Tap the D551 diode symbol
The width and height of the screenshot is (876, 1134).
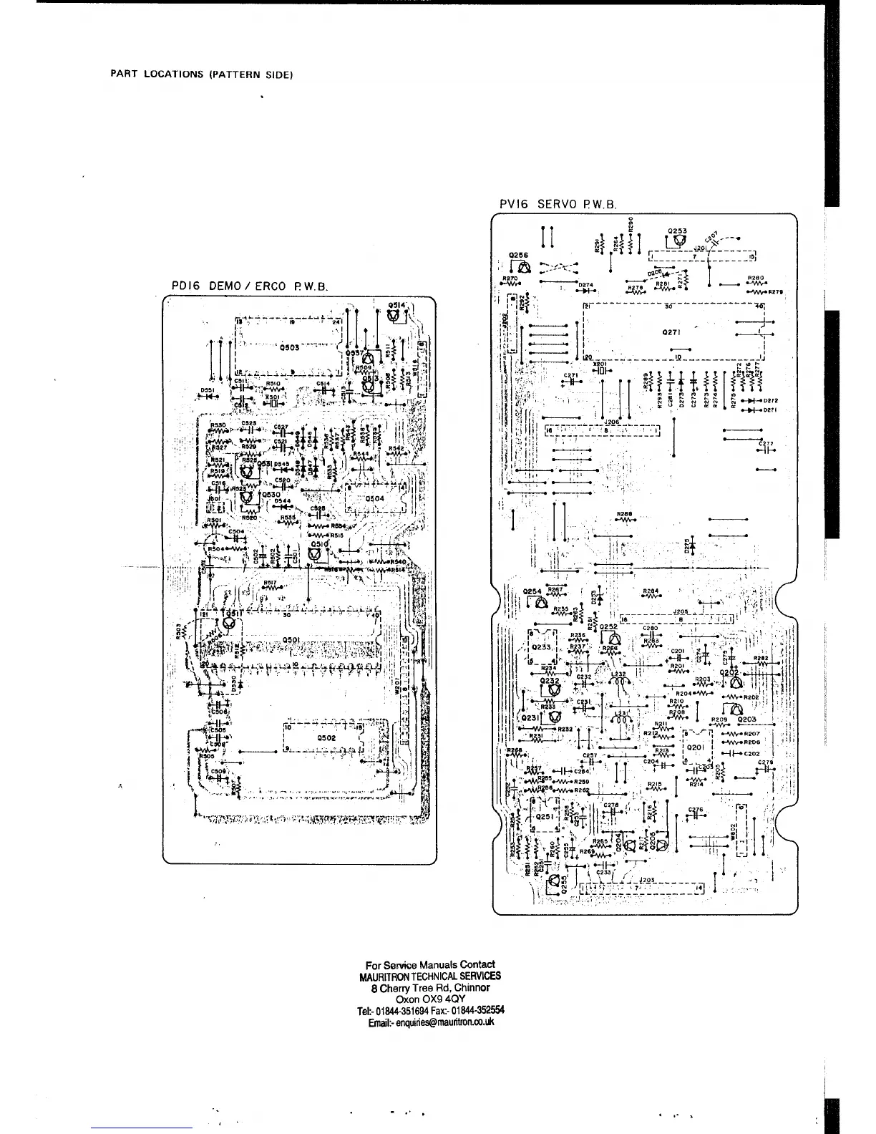click(208, 397)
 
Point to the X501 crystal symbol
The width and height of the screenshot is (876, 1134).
click(272, 403)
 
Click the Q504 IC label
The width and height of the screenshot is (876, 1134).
click(374, 498)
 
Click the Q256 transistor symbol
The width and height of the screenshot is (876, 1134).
click(524, 268)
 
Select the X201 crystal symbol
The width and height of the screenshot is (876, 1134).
click(600, 371)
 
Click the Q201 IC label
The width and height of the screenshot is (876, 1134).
click(696, 747)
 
